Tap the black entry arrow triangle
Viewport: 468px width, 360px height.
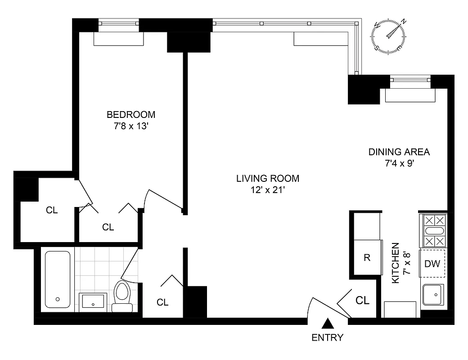click(x=328, y=324)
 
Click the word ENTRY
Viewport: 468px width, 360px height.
click(x=328, y=337)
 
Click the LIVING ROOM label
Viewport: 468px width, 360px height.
click(x=268, y=179)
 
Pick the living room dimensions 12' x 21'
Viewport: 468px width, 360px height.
click(x=268, y=190)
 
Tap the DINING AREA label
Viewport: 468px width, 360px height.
click(x=399, y=152)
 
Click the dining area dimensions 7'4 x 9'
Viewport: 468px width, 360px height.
click(x=399, y=163)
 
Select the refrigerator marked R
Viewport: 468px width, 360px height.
click(x=367, y=258)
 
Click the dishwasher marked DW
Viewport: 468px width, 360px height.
click(x=432, y=264)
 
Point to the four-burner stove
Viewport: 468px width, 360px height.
click(x=433, y=231)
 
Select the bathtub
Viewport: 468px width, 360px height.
click(x=58, y=279)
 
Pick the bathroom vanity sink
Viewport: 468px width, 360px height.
click(x=93, y=301)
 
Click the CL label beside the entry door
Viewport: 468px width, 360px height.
click(x=363, y=301)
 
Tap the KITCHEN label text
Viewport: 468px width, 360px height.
click(x=396, y=263)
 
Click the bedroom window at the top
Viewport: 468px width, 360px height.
click(x=119, y=24)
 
